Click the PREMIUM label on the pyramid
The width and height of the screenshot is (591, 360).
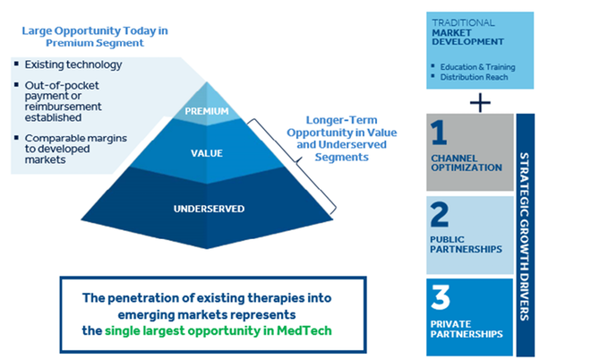pyautogui.click(x=201, y=112)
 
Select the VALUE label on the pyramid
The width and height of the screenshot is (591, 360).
pyautogui.click(x=201, y=153)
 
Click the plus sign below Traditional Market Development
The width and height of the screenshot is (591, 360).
pyautogui.click(x=480, y=102)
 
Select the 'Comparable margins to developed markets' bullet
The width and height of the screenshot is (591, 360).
pyautogui.click(x=61, y=149)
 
